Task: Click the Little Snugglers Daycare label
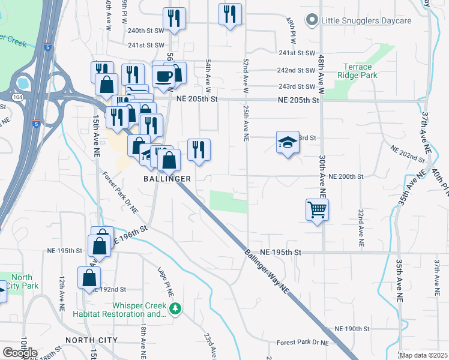[x=366, y=20]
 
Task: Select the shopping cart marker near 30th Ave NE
[x=317, y=210]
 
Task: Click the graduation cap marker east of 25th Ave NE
[x=288, y=143]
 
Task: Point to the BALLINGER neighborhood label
[x=167, y=179]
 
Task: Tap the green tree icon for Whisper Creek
[x=175, y=309]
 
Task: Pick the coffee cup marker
[x=163, y=76]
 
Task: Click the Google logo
[x=19, y=353]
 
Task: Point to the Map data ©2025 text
[x=423, y=355]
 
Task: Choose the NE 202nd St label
[x=408, y=152]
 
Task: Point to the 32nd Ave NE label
[x=361, y=229]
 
